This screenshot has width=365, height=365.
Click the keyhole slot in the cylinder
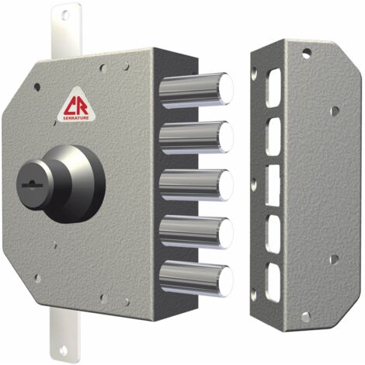coord(32,185)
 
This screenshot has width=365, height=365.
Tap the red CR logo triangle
coord(76,105)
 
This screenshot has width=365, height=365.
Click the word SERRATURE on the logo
coord(76,118)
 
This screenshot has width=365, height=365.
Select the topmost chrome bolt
coord(196,90)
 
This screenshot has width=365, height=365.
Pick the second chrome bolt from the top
coord(196,137)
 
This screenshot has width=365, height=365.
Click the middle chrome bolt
coord(196,185)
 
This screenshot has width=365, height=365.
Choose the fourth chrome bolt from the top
coord(196,232)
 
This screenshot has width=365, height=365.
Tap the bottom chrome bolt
coord(196,279)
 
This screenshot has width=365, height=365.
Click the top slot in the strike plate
coord(273,88)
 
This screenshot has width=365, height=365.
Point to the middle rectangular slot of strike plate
coord(273,186)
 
